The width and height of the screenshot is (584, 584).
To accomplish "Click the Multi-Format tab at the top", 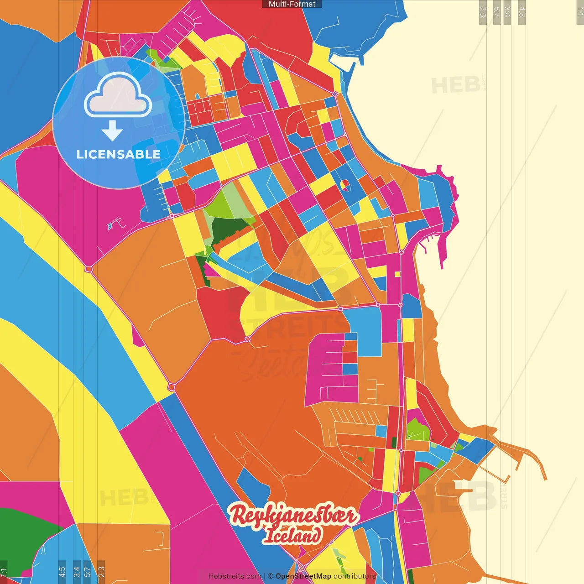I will point(292,4).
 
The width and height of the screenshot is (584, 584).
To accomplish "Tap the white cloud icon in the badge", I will point(118,95).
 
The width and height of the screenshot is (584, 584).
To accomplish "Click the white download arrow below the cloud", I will point(112,131).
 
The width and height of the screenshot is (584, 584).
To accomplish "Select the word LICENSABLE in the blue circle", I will point(119,155).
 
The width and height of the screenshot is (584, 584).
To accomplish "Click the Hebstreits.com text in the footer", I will point(235,576).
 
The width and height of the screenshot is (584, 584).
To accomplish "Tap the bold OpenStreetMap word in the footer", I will point(303,576).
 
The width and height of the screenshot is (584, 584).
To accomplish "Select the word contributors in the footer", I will point(355,576).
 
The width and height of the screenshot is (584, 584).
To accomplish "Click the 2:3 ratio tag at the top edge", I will point(483,12).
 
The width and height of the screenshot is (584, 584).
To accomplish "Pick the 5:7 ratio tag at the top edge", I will point(496,12).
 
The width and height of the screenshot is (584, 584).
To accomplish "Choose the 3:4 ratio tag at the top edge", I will point(507,12).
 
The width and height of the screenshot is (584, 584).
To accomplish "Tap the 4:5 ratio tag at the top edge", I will point(522,12).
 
